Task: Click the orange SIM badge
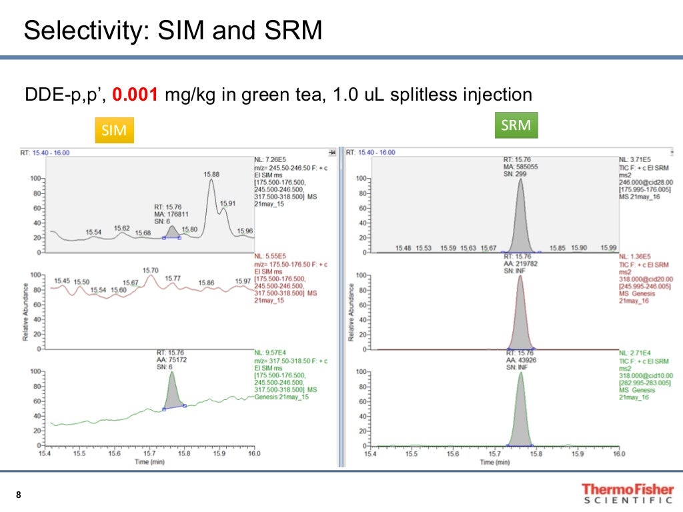tap(114, 130)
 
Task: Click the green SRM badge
tap(516, 125)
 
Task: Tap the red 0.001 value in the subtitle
tap(135, 95)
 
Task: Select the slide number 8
tap(19, 495)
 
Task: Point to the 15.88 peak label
tap(211, 175)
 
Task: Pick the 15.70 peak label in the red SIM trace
tap(151, 270)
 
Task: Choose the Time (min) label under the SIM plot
tap(151, 461)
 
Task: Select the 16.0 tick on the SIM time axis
tap(253, 454)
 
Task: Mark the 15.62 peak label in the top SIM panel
tap(121, 227)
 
